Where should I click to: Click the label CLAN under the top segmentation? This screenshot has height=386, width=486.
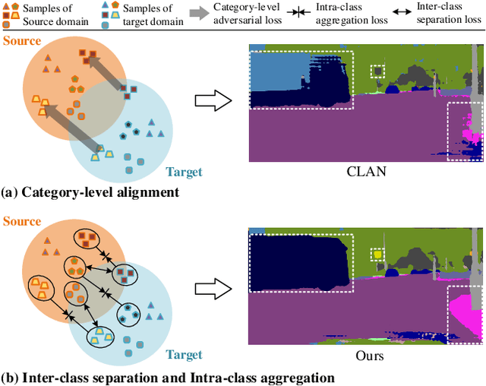[x=367, y=172]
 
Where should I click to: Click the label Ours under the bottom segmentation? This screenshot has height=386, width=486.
[x=367, y=355]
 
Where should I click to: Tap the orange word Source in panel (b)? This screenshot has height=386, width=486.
[x=21, y=221]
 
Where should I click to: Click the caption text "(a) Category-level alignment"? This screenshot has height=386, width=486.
[x=90, y=192]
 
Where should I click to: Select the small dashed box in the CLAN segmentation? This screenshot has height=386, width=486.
[x=377, y=71]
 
